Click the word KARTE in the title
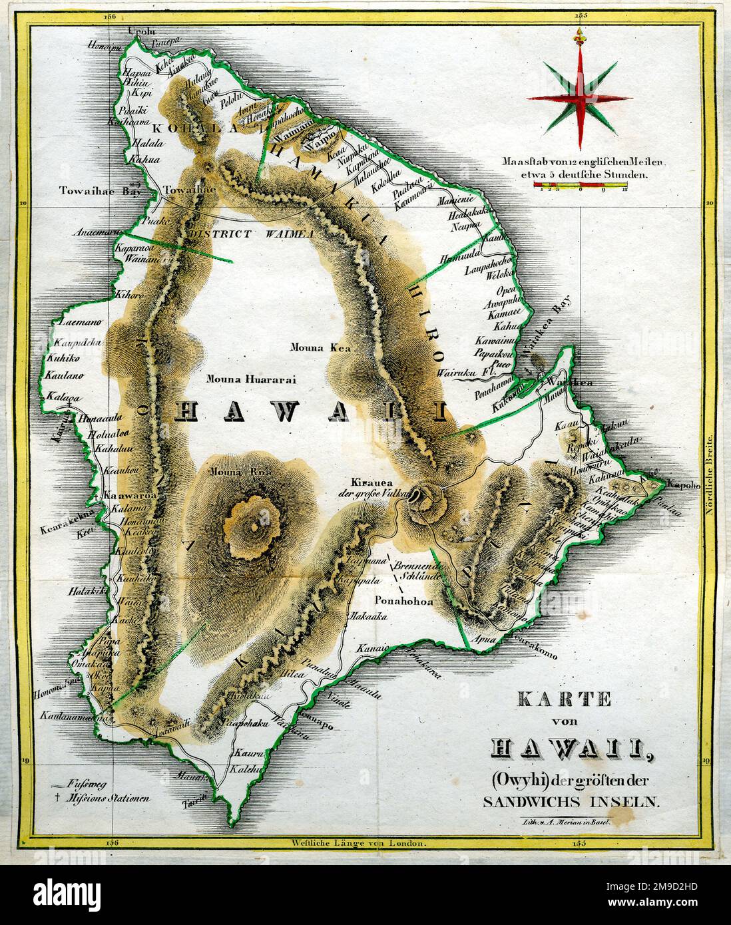pyautogui.click(x=564, y=699)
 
